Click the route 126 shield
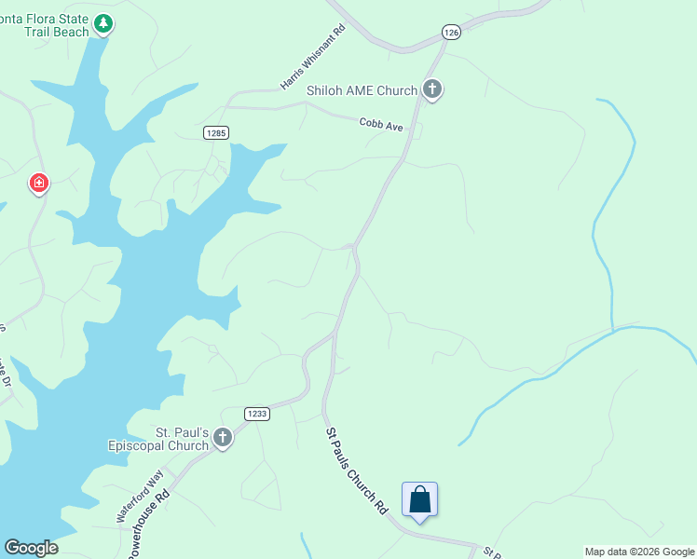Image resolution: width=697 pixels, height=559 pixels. pos(452,33)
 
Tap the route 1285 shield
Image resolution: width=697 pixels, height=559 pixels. pos(216,133)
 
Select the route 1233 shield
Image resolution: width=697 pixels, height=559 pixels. pos(257,414)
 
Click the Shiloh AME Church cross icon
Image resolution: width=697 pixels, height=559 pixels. pos(431,89)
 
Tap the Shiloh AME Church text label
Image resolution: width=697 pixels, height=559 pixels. pos(362,90)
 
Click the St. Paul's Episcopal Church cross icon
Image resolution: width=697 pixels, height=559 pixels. pos(222,437)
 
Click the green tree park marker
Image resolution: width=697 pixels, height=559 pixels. pos(104,23)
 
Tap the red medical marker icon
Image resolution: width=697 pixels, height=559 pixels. pos(39,183)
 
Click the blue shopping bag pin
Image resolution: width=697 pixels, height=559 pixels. pos(419,500)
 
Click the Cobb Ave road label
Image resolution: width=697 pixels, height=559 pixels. pos(382,123)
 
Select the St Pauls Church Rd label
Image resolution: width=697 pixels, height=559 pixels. pos(356,471)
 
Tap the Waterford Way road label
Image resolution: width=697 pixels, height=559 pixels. pos(140,499)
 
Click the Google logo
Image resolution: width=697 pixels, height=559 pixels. pos(31,547)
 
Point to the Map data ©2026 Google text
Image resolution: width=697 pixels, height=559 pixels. pos(639,552)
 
